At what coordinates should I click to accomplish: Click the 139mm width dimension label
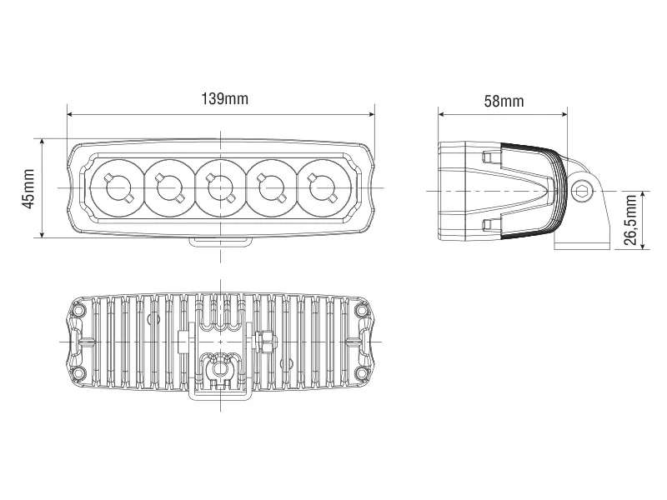(x=224, y=99)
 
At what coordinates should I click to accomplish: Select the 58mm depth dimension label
(x=504, y=101)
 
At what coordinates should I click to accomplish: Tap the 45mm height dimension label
(x=29, y=188)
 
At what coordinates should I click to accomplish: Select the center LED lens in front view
(x=221, y=185)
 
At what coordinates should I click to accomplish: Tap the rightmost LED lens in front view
(x=323, y=185)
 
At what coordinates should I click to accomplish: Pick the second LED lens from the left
(x=169, y=185)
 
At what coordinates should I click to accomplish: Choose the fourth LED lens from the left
(x=273, y=185)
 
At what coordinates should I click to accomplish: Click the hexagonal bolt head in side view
(x=581, y=191)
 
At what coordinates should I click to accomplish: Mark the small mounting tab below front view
(x=221, y=242)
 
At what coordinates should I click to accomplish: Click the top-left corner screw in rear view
(x=79, y=311)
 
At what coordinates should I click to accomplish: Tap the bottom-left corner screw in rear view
(x=79, y=372)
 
